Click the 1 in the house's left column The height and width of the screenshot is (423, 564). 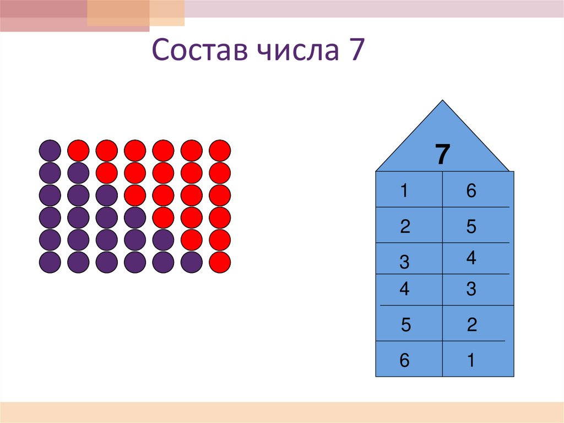405,191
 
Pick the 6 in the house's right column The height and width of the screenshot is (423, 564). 470,191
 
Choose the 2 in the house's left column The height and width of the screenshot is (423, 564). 405,227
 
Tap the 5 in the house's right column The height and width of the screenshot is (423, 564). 470,227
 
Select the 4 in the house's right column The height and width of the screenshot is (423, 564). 470,258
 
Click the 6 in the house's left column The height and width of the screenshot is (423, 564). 405,361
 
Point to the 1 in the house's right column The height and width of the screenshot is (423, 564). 471,361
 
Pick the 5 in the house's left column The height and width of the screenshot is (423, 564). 406,325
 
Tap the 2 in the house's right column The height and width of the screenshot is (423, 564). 471,325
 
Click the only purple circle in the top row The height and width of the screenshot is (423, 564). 50,151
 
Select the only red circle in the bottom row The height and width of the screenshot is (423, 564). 220,262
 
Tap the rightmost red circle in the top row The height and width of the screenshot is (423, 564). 220,151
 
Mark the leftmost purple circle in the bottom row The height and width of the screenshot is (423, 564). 50,262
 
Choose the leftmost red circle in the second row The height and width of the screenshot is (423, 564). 106,173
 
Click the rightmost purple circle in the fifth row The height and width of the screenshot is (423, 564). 163,240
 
